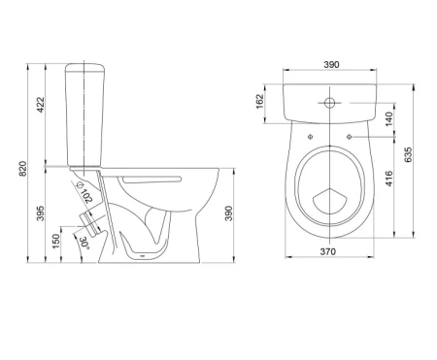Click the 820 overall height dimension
(23, 169)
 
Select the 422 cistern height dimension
(41, 105)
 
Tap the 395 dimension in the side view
(40, 213)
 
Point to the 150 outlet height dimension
(56, 242)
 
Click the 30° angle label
(84, 243)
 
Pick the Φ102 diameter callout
(84, 193)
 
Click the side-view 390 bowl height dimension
(229, 213)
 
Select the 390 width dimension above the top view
(331, 65)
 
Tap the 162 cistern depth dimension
(260, 101)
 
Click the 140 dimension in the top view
(389, 118)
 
